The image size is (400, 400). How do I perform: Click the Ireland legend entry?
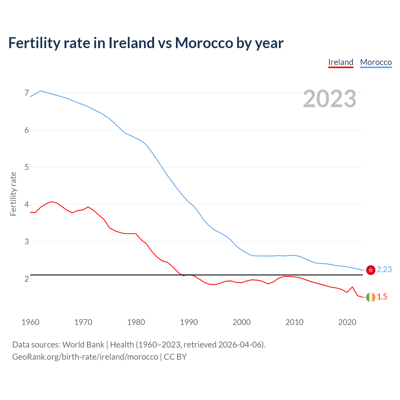click(x=341, y=62)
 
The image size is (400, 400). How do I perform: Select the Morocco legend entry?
click(x=376, y=62)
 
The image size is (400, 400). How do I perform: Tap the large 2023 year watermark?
click(x=330, y=99)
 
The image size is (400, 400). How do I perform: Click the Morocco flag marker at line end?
click(x=371, y=270)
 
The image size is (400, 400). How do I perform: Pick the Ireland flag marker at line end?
click(x=371, y=297)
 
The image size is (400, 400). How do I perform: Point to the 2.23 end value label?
click(x=384, y=269)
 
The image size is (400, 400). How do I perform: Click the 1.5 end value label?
click(x=382, y=297)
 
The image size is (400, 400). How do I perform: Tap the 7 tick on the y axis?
click(x=27, y=93)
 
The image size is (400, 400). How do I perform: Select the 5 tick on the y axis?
click(x=27, y=167)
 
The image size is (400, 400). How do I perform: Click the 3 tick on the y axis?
click(x=27, y=242)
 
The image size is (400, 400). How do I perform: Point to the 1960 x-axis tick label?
click(x=30, y=322)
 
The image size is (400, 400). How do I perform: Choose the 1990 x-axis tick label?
click(x=189, y=322)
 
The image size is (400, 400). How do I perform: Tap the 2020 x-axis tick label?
click(x=347, y=322)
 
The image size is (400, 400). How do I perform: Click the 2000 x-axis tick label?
click(x=242, y=322)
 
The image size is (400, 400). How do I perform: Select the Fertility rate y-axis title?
click(x=13, y=194)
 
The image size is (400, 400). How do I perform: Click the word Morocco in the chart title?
click(x=204, y=43)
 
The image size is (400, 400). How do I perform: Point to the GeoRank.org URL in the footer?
click(x=85, y=357)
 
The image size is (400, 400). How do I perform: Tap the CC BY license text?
click(x=175, y=357)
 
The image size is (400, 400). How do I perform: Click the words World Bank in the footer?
click(x=83, y=345)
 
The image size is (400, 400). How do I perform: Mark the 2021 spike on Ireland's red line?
click(x=352, y=287)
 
